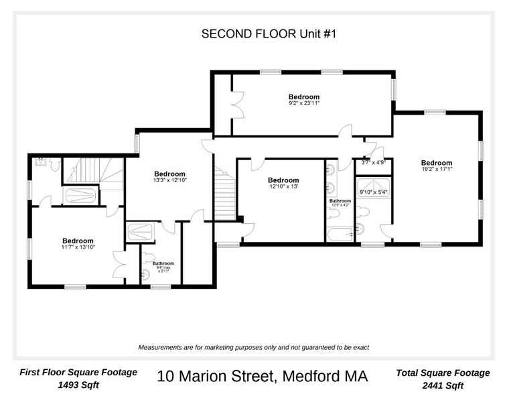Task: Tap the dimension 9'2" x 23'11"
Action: coord(303,104)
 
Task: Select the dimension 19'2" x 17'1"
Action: coord(436,170)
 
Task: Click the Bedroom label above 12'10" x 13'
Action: coord(283,180)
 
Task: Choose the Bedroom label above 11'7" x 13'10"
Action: coord(78,241)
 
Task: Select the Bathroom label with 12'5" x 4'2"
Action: coord(340,200)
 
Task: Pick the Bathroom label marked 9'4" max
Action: coord(163,263)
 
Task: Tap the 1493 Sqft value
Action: coord(78,386)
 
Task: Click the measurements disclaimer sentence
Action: coord(253,348)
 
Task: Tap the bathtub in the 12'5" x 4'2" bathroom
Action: coord(339,235)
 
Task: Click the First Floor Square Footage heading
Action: coord(78,372)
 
